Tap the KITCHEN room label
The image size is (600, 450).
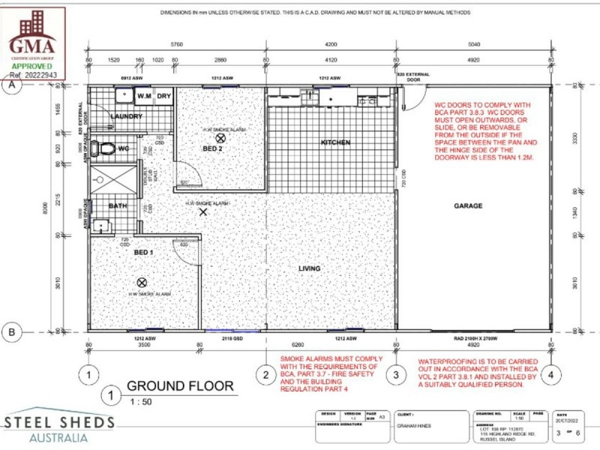point(335,142)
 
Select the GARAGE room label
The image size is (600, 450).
point(467,205)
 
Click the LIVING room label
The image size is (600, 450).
point(309,268)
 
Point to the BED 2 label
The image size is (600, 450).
point(212,148)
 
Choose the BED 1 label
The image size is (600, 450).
point(143,253)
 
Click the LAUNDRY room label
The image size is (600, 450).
point(126,117)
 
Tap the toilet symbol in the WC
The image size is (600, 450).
point(106,147)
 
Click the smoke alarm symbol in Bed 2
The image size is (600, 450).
point(220,138)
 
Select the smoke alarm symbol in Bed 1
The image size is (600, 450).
point(141,282)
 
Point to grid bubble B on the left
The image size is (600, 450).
point(11,331)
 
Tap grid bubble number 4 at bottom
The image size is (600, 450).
point(550,373)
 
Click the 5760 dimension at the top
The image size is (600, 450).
point(177,44)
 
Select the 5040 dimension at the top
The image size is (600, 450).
point(473,44)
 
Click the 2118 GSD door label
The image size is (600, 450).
point(232,339)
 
